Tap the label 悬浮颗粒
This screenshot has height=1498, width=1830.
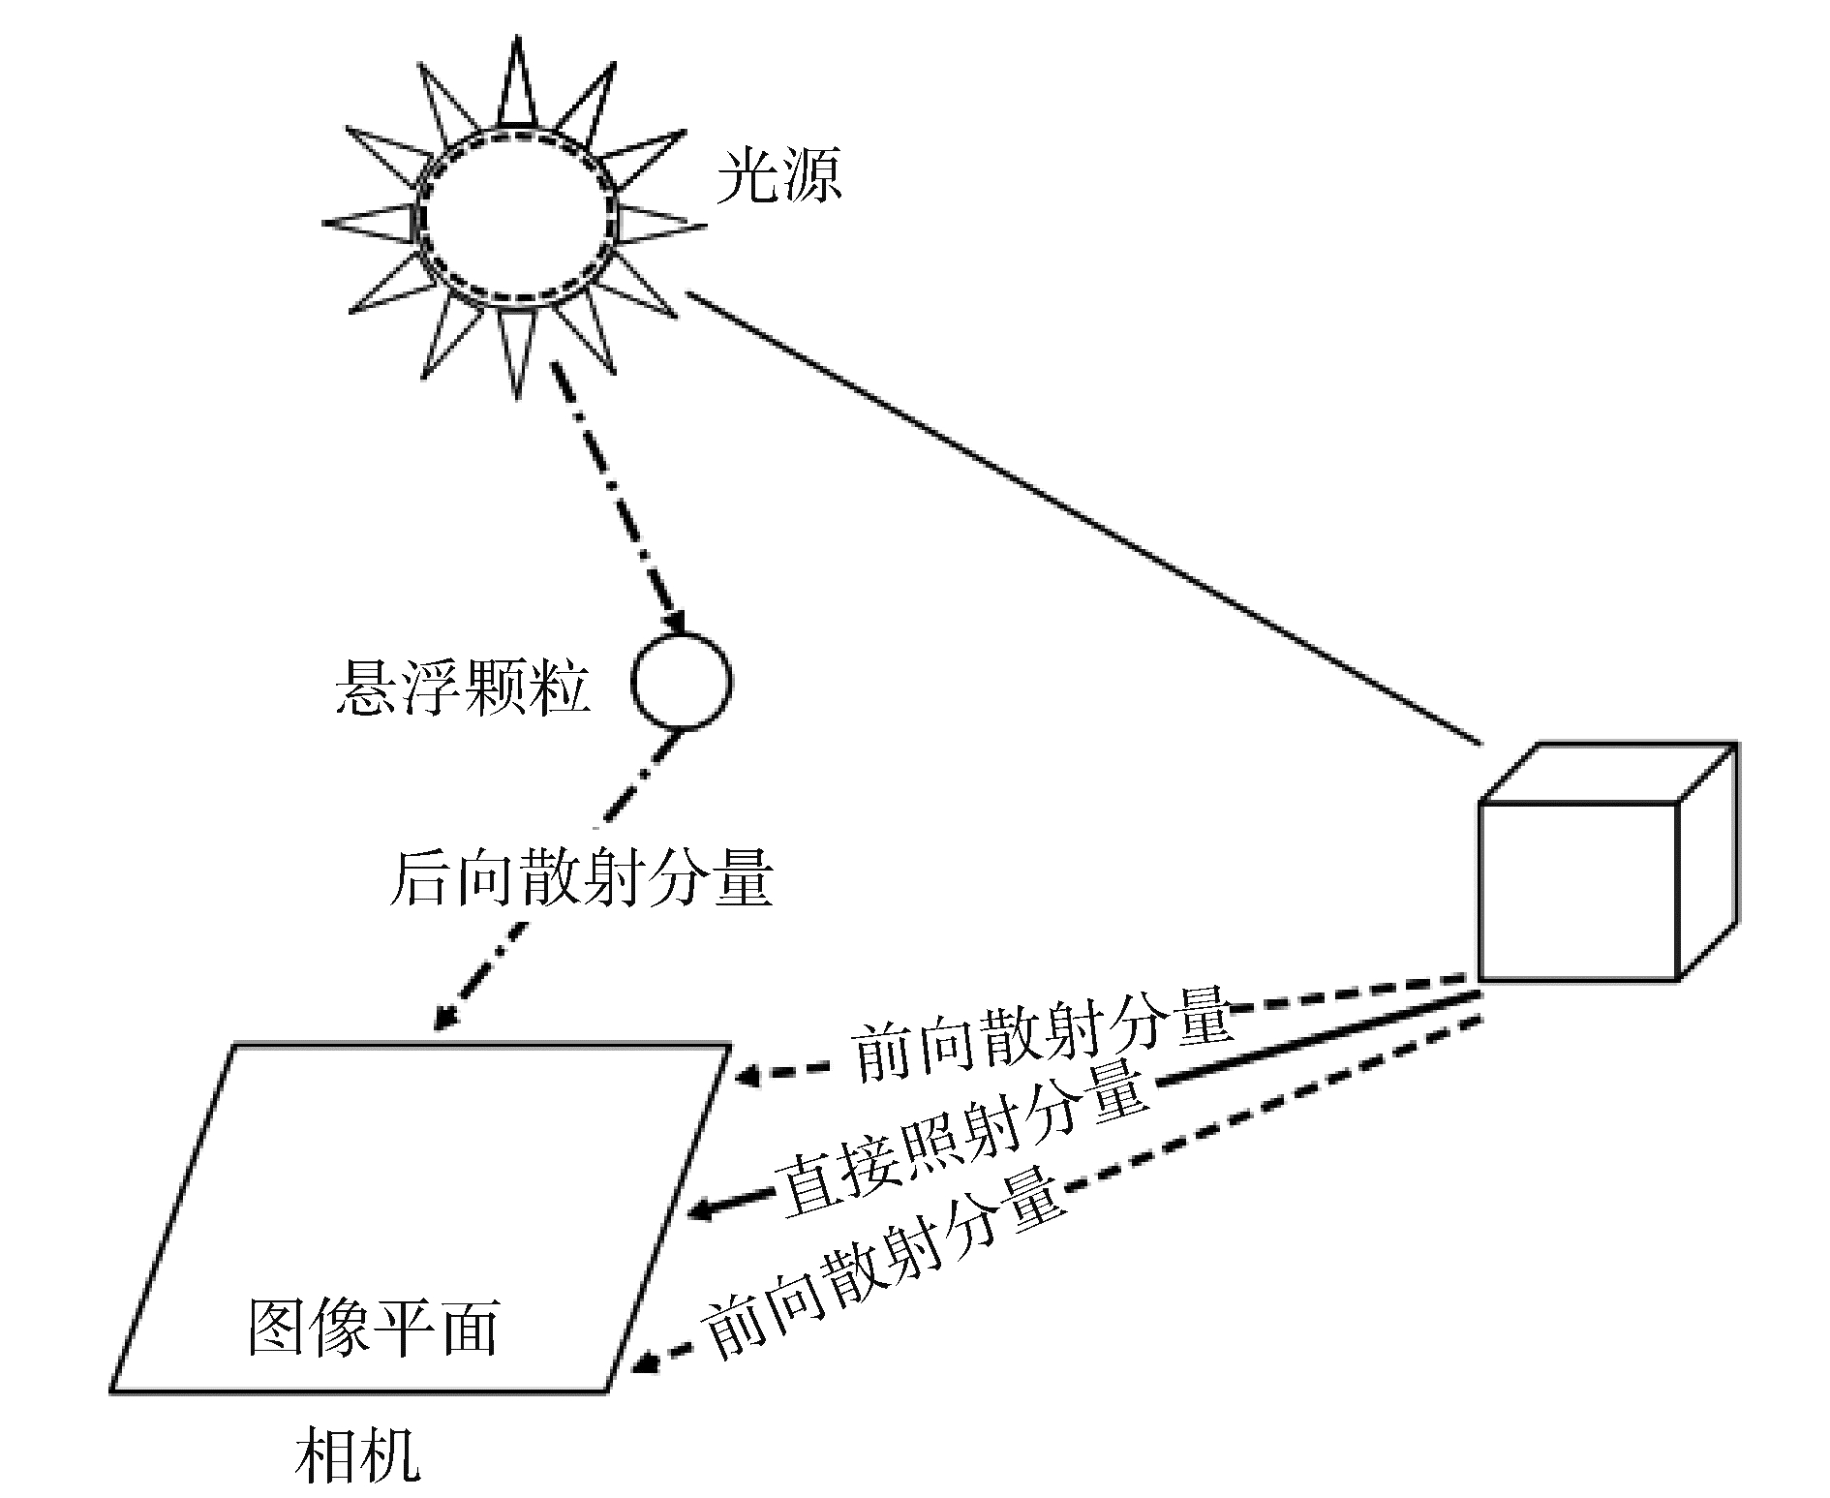[462, 688]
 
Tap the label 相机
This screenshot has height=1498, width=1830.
[357, 1452]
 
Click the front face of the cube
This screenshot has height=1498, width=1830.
[1578, 890]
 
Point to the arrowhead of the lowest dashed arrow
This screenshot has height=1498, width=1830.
[645, 1364]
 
